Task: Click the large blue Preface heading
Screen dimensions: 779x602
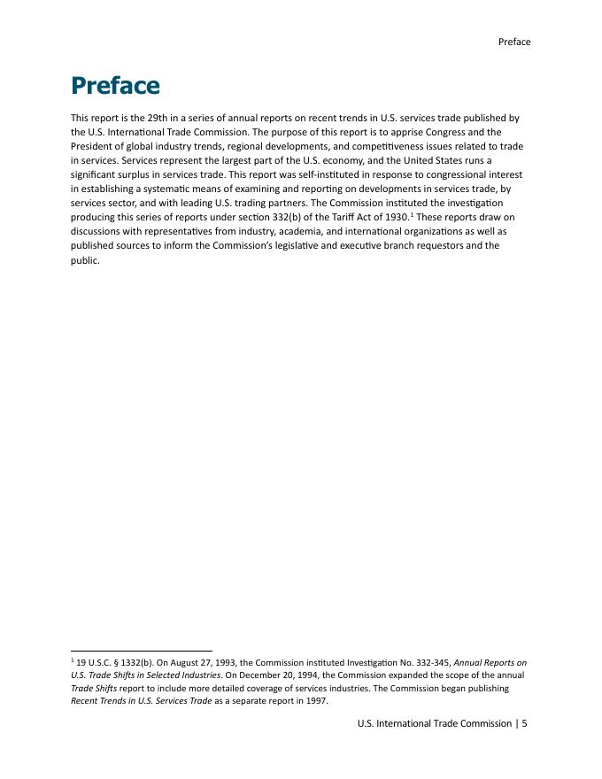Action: pos(115,86)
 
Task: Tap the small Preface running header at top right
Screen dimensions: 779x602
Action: pos(514,42)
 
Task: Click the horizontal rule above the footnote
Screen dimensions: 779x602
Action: pos(142,651)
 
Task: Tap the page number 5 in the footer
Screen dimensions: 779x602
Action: pos(524,723)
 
